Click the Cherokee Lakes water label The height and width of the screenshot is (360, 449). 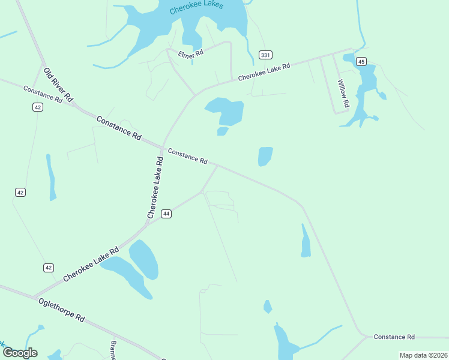(196, 7)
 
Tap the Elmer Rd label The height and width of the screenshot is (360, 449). (191, 54)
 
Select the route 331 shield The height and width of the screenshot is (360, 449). (265, 55)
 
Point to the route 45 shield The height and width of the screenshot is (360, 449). (361, 61)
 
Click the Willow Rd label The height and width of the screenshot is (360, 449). (343, 94)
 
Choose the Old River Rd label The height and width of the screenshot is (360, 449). (59, 84)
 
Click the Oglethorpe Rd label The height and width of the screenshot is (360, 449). (61, 309)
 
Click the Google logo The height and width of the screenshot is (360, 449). (19, 353)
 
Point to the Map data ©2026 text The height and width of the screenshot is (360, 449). (423, 355)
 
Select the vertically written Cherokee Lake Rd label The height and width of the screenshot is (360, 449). (155, 187)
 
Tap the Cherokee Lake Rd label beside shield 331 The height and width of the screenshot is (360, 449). (264, 72)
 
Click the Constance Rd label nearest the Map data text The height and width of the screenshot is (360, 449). (394, 337)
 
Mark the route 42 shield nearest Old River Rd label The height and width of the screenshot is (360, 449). (38, 107)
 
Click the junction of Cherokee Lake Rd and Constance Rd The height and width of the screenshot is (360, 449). (163, 146)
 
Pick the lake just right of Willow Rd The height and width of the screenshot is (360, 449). (364, 90)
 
